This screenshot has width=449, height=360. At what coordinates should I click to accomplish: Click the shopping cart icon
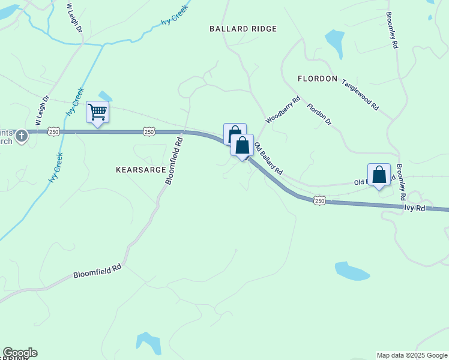coord(97,112)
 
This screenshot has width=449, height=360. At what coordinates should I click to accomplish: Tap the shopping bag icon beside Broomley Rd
coord(379,175)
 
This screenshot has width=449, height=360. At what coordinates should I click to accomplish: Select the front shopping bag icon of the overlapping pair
coord(242,146)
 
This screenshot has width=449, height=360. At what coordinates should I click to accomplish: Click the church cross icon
coord(22,136)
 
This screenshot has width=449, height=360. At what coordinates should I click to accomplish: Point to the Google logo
coord(20,353)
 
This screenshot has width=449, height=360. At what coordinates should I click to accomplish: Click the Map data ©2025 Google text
coord(411,355)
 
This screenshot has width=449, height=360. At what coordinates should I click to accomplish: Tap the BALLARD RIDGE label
coord(243,29)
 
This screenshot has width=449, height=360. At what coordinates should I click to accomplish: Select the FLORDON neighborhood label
coord(318,79)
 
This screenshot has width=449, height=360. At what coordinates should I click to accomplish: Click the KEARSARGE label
coord(140,170)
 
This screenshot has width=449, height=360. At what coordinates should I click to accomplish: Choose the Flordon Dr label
coord(319,115)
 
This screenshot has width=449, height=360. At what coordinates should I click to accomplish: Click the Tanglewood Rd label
coord(360,95)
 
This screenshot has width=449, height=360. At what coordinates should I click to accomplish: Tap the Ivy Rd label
coord(414,208)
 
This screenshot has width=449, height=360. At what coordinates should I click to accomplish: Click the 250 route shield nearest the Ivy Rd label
coord(319,201)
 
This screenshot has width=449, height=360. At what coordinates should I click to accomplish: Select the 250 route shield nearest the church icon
coord(53,131)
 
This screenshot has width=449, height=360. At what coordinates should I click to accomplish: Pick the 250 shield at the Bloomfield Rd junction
coord(149,131)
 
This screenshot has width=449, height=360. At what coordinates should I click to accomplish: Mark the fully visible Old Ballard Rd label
coord(268,158)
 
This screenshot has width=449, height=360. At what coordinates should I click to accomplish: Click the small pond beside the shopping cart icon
coord(106,96)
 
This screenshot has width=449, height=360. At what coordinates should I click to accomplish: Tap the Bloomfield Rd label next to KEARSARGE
coord(173,161)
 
